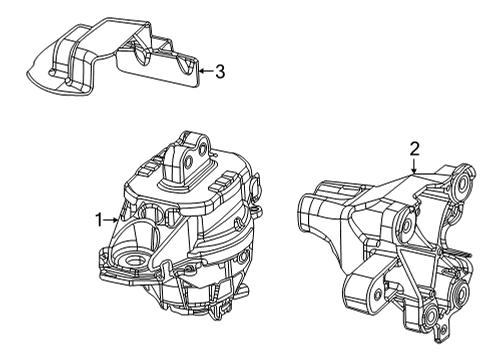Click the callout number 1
pos(100,218)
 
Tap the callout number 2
pos(414,149)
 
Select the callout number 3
pos(220,71)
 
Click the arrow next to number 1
pos(114,218)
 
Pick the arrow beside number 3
pos(205,71)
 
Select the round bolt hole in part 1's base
pos(129,263)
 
